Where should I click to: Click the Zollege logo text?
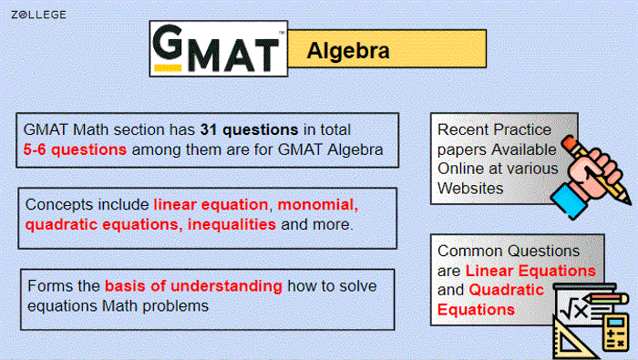tap(38, 15)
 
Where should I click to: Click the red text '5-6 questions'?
tap(76, 149)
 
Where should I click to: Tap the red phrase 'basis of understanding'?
tap(193, 285)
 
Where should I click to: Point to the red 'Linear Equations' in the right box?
tap(530, 271)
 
